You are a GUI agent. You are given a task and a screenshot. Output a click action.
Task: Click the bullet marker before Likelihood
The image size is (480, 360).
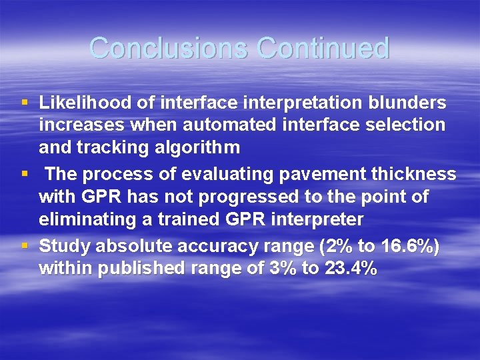[25, 103]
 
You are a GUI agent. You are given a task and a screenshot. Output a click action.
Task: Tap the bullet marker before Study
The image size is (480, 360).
[25, 247]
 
